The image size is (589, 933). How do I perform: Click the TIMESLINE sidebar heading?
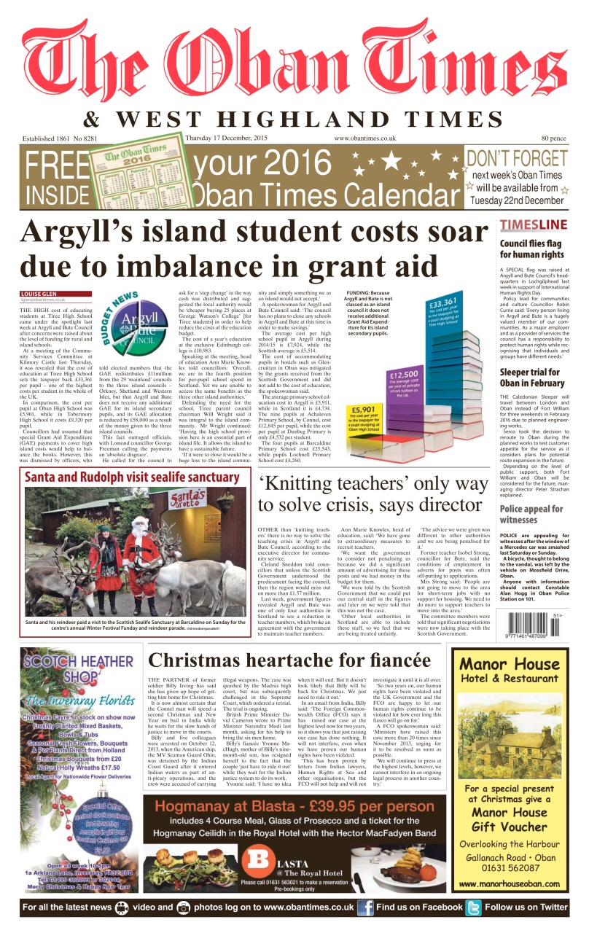click(x=533, y=225)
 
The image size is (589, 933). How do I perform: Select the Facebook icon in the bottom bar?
click(x=365, y=907)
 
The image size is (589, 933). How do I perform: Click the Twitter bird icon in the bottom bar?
click(x=474, y=907)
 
